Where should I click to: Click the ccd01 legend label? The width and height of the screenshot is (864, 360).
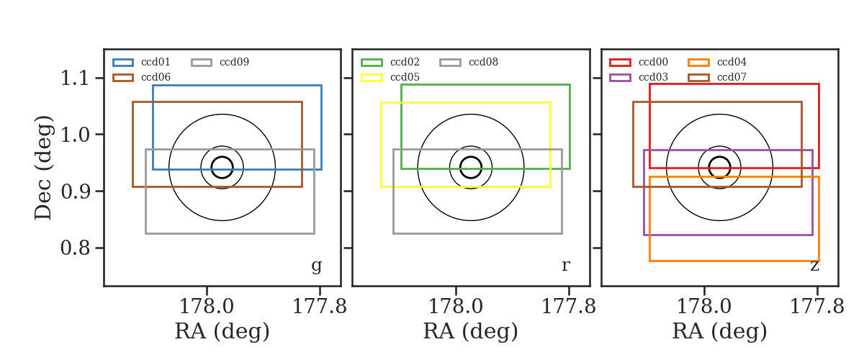[156, 62]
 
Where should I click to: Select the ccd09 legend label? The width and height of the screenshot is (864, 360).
[234, 62]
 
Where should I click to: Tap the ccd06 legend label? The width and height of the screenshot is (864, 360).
[156, 77]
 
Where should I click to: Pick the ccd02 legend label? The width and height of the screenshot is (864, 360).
[405, 62]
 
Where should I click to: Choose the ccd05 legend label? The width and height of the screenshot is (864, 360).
[405, 77]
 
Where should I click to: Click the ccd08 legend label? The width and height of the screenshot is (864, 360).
[483, 62]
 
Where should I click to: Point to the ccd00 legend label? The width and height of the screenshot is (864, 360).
[653, 62]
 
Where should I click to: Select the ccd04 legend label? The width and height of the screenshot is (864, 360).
[732, 62]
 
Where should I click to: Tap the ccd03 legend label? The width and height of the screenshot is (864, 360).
[653, 77]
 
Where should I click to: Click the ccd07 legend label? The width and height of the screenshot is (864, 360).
[732, 77]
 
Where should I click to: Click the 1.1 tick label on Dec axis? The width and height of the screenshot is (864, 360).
[75, 78]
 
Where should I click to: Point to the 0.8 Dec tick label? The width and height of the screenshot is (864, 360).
[75, 248]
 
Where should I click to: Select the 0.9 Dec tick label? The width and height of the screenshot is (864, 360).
[75, 192]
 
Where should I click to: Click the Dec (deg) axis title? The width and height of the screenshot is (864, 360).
[42, 168]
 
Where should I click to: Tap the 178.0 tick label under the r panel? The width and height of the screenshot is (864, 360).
[456, 307]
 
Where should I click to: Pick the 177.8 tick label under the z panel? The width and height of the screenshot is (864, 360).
[817, 307]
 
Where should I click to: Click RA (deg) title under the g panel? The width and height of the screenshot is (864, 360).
[222, 331]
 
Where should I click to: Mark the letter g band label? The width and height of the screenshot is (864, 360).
[316, 266]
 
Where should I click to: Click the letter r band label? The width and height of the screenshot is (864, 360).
[565, 265]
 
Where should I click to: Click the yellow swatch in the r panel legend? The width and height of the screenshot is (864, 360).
[372, 78]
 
